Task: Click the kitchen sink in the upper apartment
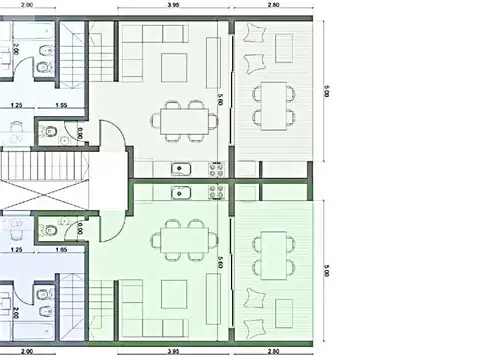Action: coord(181,168)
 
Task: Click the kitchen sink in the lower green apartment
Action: coord(181,193)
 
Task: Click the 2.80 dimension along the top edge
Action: coord(273,7)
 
